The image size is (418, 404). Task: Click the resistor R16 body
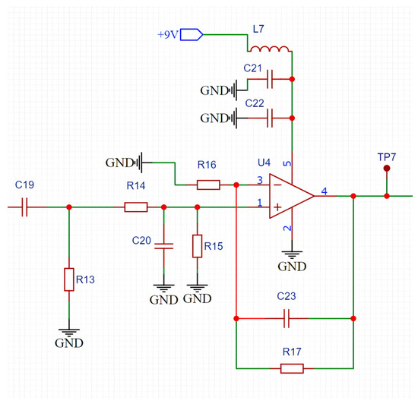(x=208, y=184)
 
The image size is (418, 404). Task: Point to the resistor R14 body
(x=136, y=207)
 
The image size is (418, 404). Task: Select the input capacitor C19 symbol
(x=24, y=207)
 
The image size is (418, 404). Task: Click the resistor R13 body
(x=69, y=279)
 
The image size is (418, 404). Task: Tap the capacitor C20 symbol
(x=163, y=245)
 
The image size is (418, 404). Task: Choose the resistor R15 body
(x=197, y=246)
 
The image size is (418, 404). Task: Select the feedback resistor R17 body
(x=292, y=368)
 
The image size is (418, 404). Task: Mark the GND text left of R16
(x=117, y=163)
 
